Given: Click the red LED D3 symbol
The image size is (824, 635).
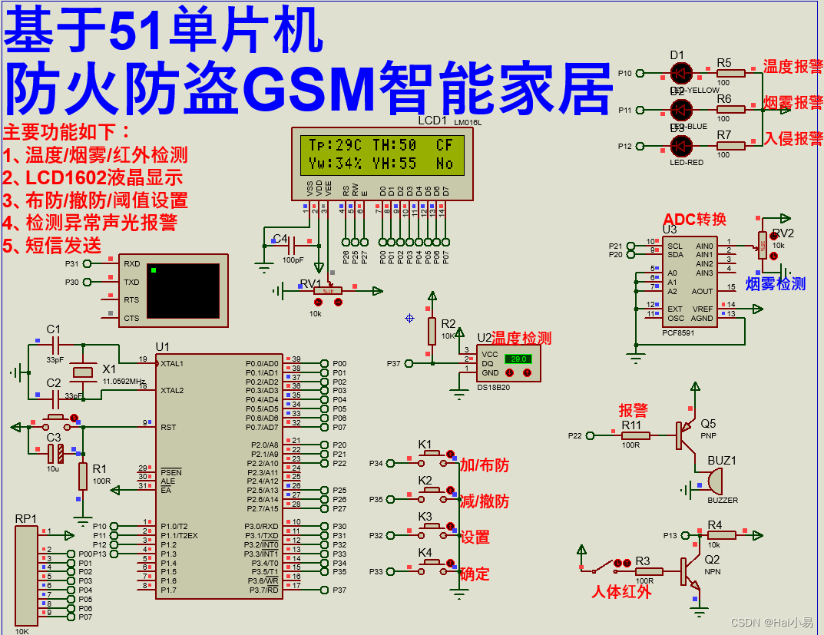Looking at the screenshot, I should point(680,146).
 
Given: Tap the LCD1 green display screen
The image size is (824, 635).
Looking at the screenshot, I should point(382,154).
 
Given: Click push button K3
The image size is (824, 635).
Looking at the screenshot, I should point(430,527).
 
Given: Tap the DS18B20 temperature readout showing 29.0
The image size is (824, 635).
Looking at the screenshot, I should point(518,359).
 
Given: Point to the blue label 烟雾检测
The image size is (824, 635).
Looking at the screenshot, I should point(776,284).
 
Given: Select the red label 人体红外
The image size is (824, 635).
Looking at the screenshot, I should point(621,592).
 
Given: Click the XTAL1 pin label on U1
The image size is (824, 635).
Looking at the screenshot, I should point(172,363).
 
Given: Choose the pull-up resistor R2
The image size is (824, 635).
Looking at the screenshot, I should point(432,332).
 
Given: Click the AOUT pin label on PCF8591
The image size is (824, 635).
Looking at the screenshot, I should point(702,292).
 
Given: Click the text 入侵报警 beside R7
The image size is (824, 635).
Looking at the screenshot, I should point(793,139).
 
